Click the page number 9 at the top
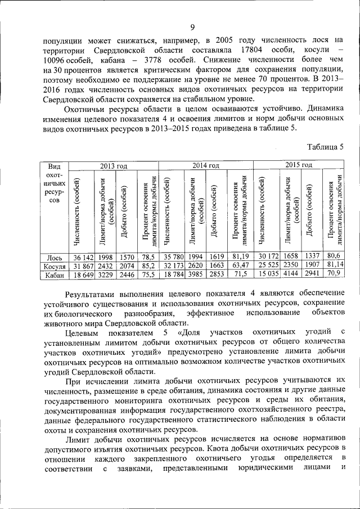(x=192, y=28)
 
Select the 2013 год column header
(x=114, y=165)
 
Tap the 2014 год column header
(x=206, y=165)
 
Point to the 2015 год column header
(x=299, y=165)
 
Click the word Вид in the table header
(x=55, y=166)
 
